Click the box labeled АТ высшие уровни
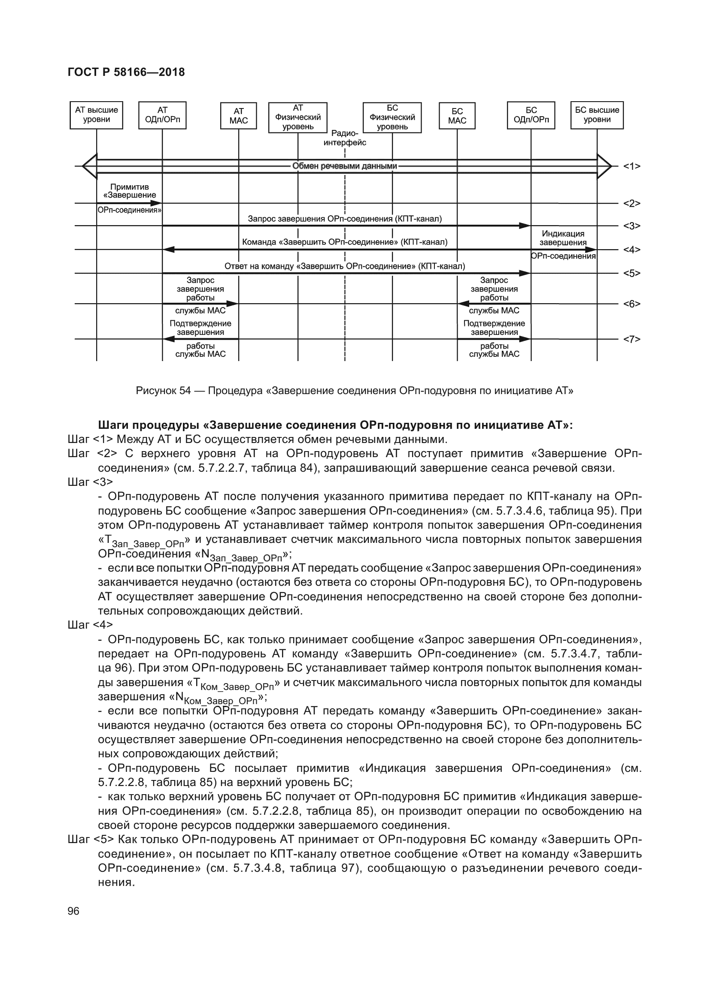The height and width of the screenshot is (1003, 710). pos(96,115)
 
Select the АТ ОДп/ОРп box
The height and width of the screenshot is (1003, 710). pos(162,115)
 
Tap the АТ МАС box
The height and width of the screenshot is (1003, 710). pos(238,116)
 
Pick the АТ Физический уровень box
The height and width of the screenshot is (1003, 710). pos(298,117)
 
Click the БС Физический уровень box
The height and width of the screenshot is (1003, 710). pos(392,117)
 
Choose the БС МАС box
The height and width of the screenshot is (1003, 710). pos(457,116)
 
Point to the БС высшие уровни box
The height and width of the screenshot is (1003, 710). pos(597,115)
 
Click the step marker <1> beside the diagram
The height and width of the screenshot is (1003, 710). pos(631,166)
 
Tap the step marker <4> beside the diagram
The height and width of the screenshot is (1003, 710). pos(631,250)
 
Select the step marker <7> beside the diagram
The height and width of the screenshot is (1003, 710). pos(631,339)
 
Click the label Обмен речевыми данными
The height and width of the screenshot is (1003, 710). pos(345,166)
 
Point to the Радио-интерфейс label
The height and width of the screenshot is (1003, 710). pos(345,138)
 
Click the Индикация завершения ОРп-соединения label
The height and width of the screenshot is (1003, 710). pos(563,243)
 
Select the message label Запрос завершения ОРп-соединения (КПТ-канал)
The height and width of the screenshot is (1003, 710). pos(345,219)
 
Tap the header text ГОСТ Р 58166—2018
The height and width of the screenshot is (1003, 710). pos(126,72)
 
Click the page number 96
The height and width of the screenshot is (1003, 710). pos(73,911)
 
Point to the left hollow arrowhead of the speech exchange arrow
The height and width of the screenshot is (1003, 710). pos(89,166)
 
